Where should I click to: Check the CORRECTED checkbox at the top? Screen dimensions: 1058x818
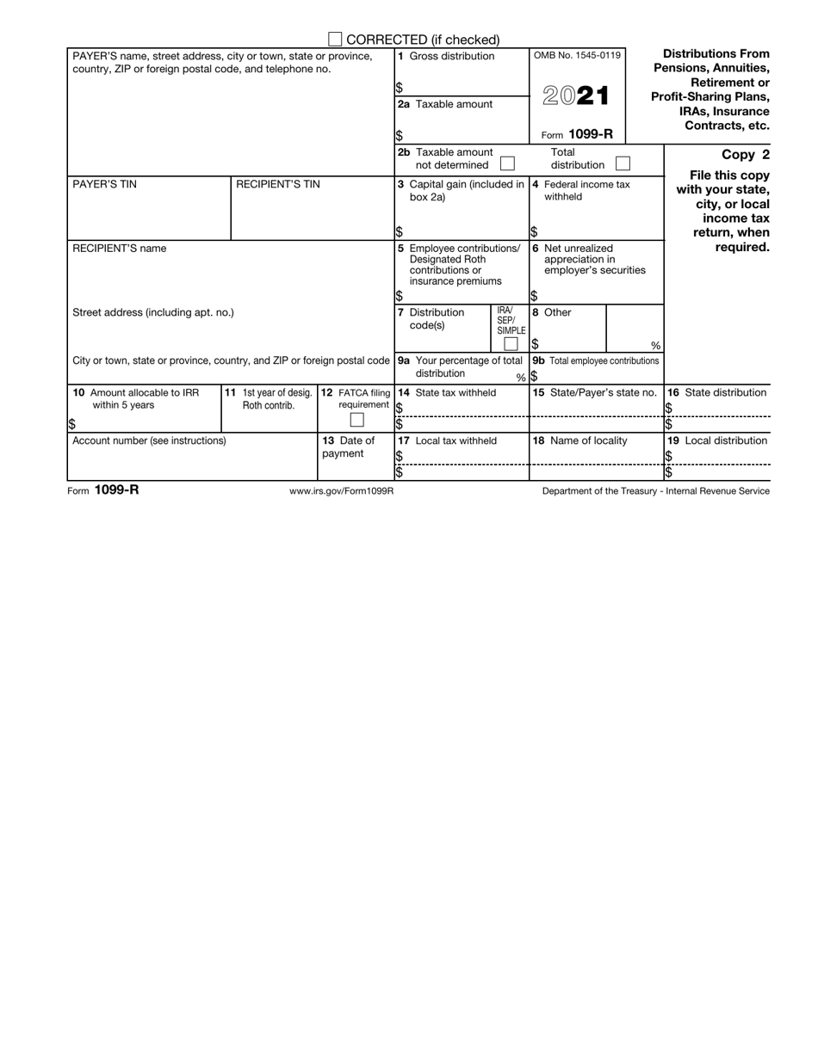[x=336, y=40]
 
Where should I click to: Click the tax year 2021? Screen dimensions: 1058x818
[x=576, y=96]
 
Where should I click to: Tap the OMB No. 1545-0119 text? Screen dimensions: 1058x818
[x=576, y=56]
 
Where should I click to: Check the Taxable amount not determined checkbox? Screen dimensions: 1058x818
[x=508, y=163]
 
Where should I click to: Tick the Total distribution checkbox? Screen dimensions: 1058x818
[x=623, y=163]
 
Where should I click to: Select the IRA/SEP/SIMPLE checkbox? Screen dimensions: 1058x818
[x=511, y=344]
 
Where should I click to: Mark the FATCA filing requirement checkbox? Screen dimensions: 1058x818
[x=356, y=420]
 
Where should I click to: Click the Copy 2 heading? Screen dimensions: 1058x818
[x=745, y=155]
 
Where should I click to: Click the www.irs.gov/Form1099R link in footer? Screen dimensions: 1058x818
[x=342, y=491]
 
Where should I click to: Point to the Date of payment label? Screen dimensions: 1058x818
[x=349, y=447]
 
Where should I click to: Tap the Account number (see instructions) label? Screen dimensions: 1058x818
[x=149, y=440]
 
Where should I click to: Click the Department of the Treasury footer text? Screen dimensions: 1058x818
[x=656, y=491]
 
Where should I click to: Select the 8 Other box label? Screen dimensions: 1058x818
[x=556, y=313]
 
